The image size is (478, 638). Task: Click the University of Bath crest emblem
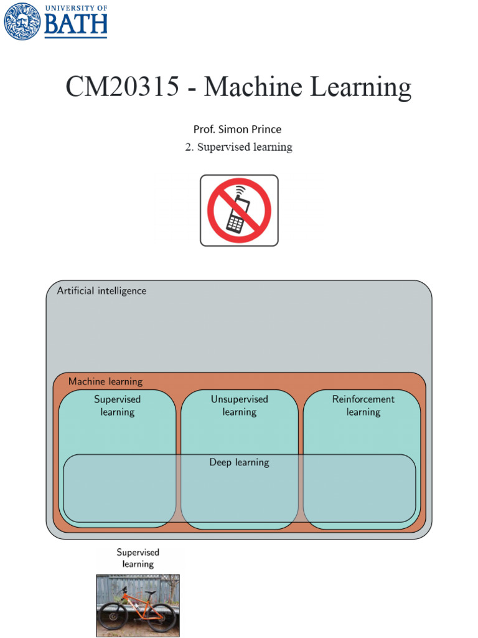22,21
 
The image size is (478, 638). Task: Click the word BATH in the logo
76,26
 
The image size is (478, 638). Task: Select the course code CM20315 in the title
121,87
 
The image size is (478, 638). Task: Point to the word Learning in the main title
361,87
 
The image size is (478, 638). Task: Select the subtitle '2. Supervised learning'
238,147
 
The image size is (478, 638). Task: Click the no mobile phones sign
239,210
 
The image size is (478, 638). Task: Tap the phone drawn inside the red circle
238,214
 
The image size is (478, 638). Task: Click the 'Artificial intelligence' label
101,291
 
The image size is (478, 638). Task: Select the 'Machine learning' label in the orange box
105,381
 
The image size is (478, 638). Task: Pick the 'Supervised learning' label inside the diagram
117,406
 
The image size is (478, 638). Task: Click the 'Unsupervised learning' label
239,406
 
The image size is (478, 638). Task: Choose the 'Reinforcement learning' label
363,406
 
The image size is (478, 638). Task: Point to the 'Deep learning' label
239,462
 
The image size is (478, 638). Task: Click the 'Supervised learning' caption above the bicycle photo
138,558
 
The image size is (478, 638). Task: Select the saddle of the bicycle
150,593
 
